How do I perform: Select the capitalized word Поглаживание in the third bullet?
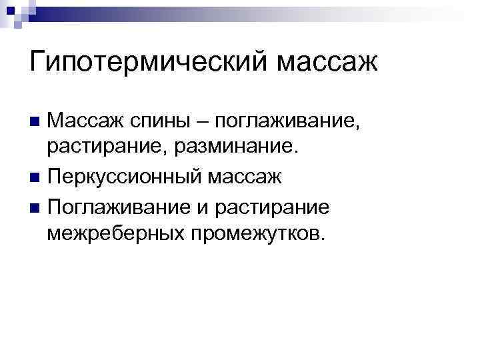(119, 207)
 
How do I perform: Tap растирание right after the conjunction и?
(273, 207)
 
